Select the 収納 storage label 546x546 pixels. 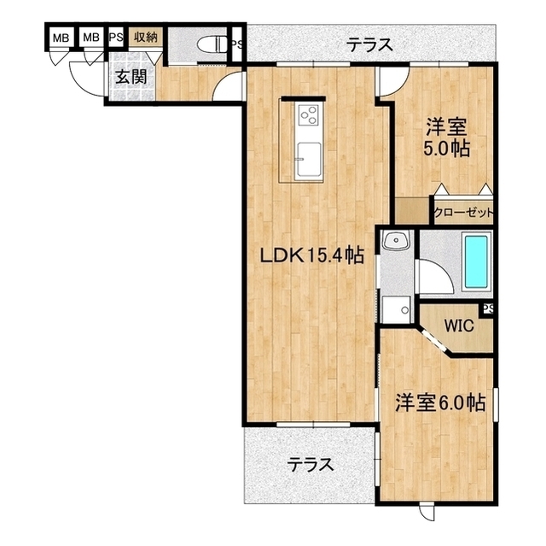point(145,37)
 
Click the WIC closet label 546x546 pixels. point(460,326)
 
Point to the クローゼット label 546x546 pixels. point(463,213)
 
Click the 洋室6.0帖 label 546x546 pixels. point(440,402)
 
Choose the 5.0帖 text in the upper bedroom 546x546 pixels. point(447,148)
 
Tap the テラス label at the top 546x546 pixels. point(369,45)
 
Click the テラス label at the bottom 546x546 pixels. point(309,466)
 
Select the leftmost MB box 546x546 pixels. point(60,38)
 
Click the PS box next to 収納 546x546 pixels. point(115,37)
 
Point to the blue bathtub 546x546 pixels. point(476,261)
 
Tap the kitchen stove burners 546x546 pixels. point(308,114)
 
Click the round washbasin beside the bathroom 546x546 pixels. point(393,243)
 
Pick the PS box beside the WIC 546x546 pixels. point(488,309)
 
